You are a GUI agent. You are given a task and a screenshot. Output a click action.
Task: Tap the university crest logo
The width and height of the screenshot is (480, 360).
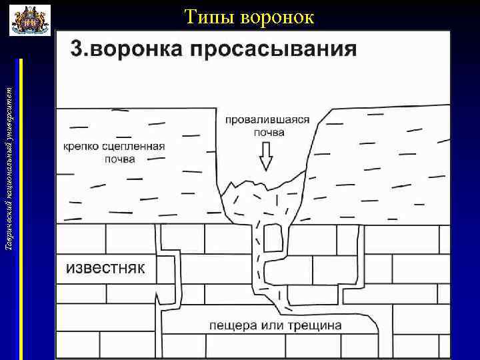(x=30, y=20)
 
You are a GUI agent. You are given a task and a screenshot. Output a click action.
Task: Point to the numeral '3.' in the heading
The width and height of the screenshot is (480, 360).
(x=81, y=49)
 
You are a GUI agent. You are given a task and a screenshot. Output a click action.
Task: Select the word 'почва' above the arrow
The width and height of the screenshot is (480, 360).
(x=268, y=132)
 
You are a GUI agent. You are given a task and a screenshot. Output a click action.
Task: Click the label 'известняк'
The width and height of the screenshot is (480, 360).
(x=105, y=269)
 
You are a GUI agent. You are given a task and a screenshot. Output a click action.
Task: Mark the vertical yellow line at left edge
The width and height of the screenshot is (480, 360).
(x=22, y=207)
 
